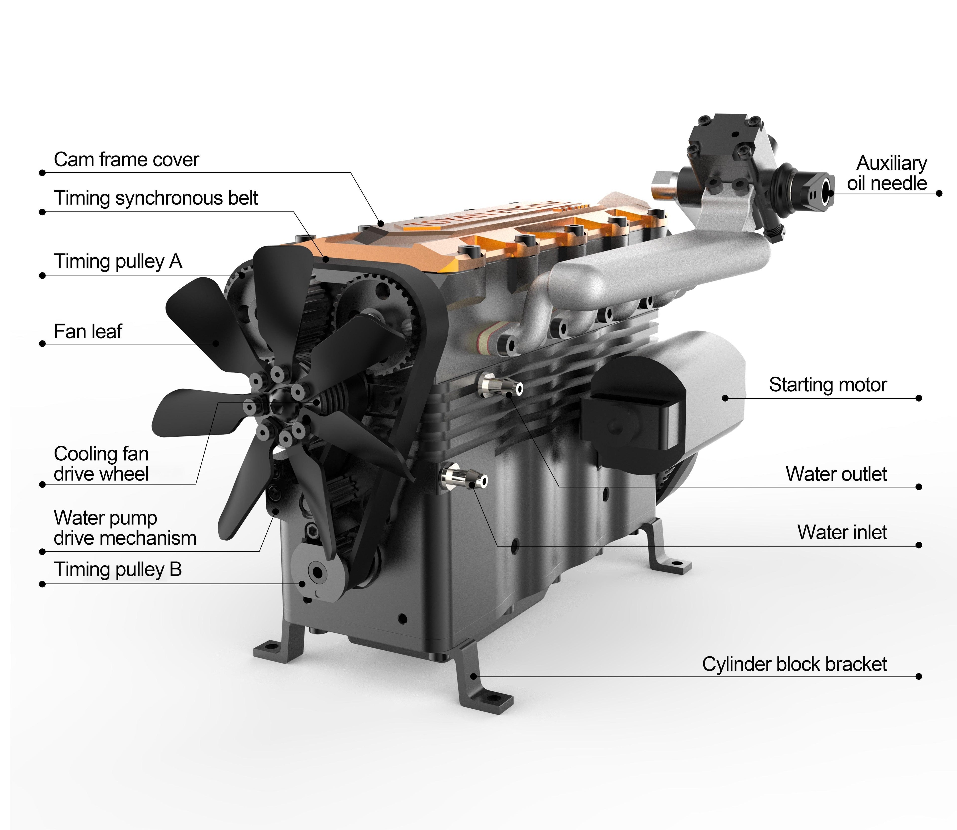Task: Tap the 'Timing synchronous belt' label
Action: coord(156,198)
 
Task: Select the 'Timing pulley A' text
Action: coord(118,262)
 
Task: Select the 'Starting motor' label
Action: coord(828,385)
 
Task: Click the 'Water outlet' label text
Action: coord(836,474)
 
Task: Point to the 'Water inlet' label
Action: coord(842,533)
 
